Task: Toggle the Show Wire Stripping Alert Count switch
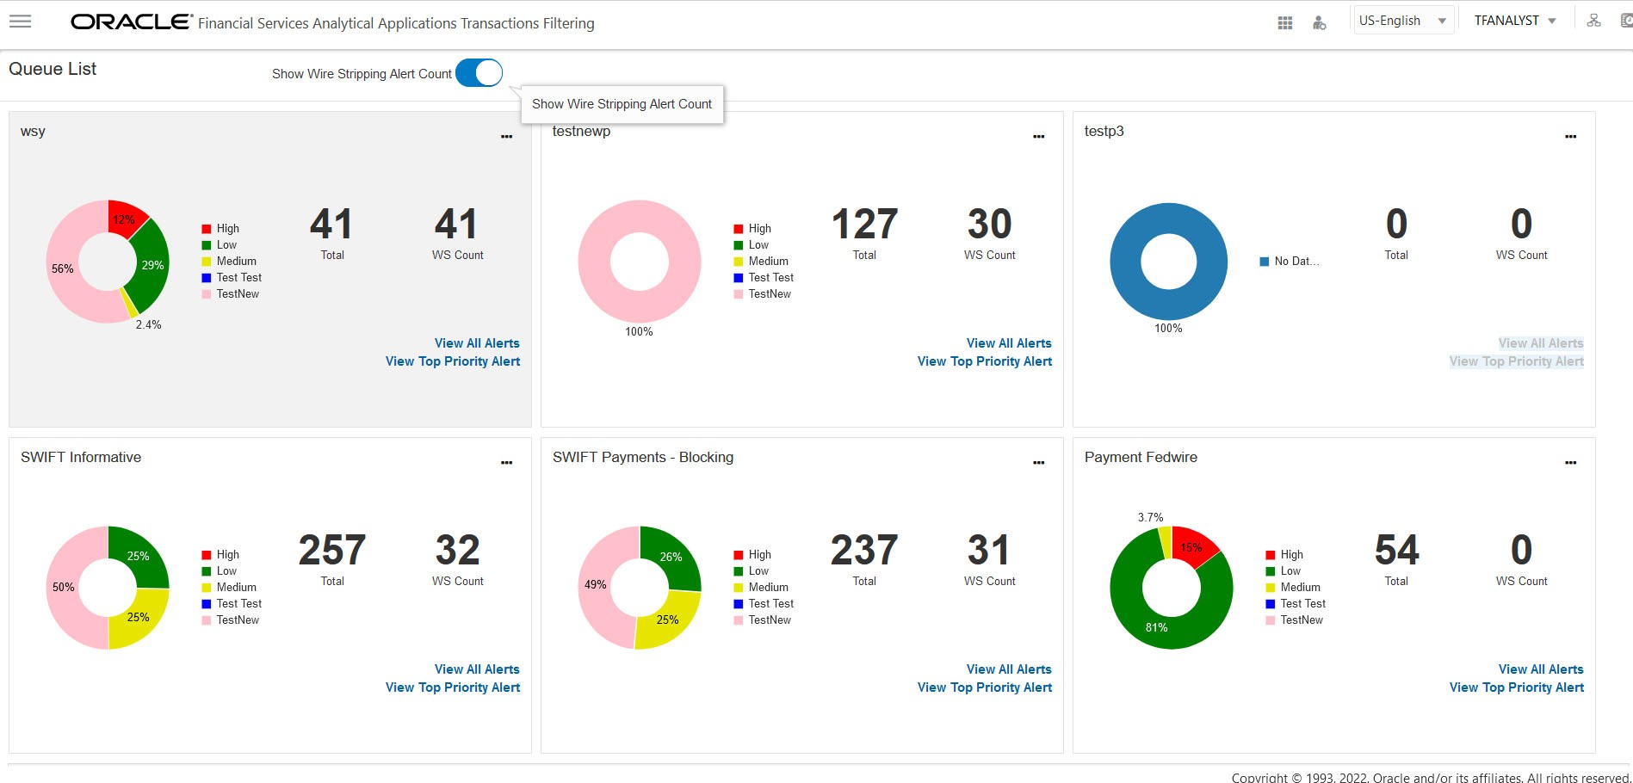(479, 73)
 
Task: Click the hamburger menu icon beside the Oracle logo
(20, 22)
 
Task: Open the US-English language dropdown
(1402, 21)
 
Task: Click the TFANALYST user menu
(1514, 21)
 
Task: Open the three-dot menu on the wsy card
(506, 137)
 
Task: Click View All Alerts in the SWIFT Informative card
(477, 669)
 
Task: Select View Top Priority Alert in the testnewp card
(984, 361)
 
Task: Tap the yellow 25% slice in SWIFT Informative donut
(139, 617)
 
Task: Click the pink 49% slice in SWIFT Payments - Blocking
(595, 585)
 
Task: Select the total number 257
(332, 551)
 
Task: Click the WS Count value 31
(988, 551)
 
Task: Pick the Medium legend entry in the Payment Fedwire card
(1299, 587)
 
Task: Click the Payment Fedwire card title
(1141, 457)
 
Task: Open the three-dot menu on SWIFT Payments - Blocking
(1038, 463)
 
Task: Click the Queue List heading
(53, 69)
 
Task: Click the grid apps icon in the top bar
(1284, 23)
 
